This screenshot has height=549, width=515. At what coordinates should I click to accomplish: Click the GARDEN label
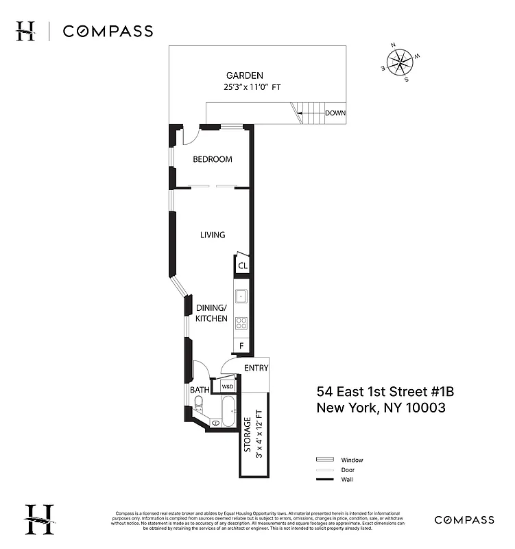(244, 75)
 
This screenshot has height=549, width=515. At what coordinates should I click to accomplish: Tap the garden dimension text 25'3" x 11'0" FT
(252, 88)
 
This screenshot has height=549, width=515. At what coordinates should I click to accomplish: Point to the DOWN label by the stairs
(335, 113)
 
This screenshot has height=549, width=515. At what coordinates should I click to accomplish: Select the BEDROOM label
(212, 159)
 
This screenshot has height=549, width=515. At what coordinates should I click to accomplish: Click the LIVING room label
(213, 235)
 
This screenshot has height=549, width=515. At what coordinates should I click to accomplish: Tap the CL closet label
(243, 266)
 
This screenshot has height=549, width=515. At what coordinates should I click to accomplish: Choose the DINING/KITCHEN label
(211, 313)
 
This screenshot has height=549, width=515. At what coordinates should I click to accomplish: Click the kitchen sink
(241, 296)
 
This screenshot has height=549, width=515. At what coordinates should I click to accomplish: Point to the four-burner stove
(241, 323)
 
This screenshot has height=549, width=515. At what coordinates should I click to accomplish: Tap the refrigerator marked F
(241, 346)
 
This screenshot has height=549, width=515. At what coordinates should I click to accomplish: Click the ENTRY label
(256, 368)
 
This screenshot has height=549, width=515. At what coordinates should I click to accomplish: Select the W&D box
(227, 387)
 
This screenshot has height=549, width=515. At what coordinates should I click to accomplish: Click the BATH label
(199, 390)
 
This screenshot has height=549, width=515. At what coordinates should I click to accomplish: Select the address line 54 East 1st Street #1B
(385, 392)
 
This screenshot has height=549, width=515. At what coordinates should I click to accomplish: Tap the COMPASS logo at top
(108, 31)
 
